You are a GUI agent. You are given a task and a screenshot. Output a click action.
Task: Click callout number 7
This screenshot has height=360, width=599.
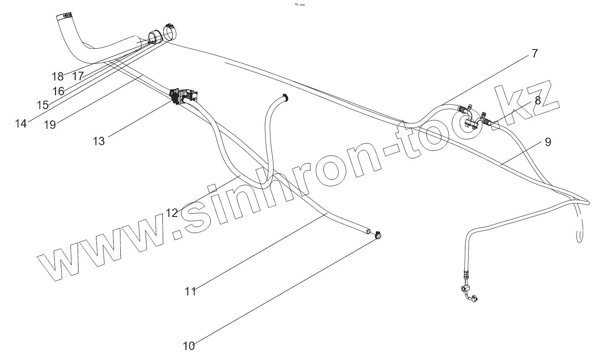coord(534,54)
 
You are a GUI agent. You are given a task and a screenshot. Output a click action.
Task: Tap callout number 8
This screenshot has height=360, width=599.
coord(537,101)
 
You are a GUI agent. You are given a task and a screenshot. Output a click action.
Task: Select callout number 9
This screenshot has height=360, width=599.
coord(548,142)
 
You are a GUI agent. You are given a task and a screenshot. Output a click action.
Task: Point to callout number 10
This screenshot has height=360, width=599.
coord(189,346)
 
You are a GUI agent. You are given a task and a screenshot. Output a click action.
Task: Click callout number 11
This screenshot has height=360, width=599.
coord(190,291)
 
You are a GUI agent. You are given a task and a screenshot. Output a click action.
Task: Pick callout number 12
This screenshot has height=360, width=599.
coord(172,213)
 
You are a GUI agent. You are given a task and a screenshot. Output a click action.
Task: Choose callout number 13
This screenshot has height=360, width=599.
coord(99,141)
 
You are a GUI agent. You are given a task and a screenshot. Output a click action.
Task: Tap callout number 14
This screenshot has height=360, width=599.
coord(21,123)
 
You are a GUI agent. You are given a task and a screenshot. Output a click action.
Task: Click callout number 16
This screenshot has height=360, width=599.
coord(58,91)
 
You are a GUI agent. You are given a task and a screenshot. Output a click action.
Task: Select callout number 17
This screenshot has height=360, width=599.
coord(78,76)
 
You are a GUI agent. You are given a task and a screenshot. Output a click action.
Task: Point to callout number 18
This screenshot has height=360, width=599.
coord(57,76)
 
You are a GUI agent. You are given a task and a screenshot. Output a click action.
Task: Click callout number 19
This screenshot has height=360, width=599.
coord(50,125)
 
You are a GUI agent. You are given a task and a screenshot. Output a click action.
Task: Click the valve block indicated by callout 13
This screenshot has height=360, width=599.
coord(183,96)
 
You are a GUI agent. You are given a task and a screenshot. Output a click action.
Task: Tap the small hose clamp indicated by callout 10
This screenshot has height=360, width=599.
coord(378,235)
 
